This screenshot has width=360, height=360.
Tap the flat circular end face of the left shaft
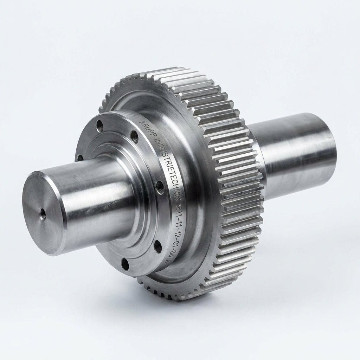click(43, 213)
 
